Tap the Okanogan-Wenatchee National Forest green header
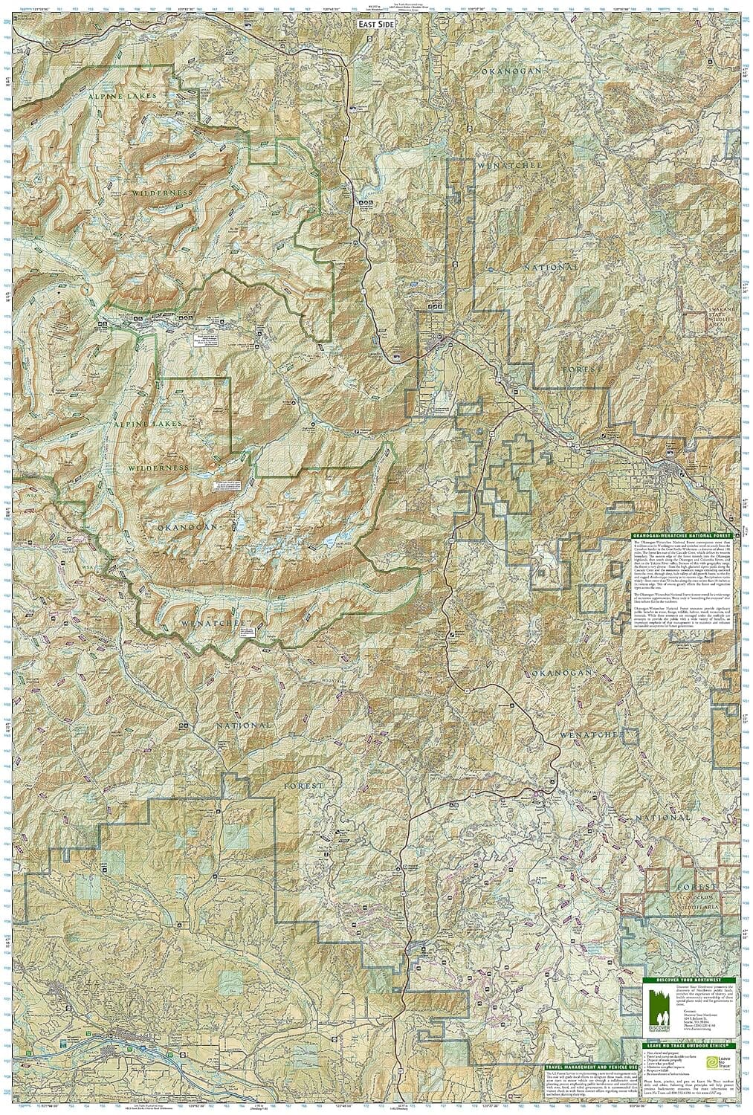[679, 535]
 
